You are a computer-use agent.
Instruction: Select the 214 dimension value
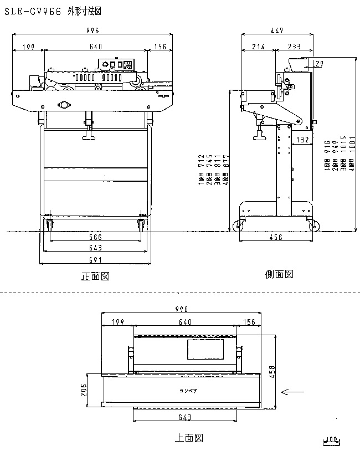point(258,47)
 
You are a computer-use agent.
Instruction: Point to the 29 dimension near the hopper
point(319,64)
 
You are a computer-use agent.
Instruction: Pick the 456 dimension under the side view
point(276,237)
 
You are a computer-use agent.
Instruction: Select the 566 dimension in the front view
point(95,237)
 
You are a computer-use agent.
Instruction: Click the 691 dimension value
point(95,259)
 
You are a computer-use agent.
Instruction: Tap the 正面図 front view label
point(95,276)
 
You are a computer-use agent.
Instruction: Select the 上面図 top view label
point(188,438)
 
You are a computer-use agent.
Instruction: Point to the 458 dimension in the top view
point(272,371)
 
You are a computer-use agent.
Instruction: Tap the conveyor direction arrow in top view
point(293,392)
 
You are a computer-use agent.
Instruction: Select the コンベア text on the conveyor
point(188,391)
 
